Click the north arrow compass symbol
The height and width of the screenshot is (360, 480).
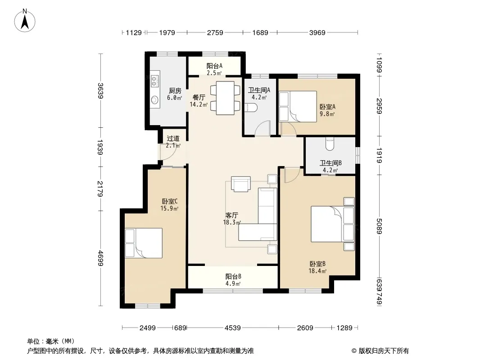[x=25, y=21]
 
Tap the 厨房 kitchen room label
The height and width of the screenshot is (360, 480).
[x=175, y=91]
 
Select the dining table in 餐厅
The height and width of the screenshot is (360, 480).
[x=225, y=98]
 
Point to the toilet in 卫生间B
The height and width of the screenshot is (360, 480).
[x=330, y=144]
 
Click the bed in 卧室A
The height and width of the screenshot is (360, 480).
[x=298, y=107]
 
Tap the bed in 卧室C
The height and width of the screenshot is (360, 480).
[x=144, y=243]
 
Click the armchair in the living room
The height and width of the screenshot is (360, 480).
[x=240, y=184]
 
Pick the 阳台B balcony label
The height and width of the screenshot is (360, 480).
[x=233, y=276]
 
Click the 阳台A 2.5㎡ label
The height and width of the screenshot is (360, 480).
[x=214, y=69]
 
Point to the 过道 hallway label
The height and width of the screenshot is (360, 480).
[x=173, y=139]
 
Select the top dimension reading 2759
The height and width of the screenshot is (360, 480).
[x=215, y=32]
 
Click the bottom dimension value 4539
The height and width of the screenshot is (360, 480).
[x=233, y=328]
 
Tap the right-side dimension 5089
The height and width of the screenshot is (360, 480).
[x=379, y=226]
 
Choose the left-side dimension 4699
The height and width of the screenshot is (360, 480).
[x=100, y=258]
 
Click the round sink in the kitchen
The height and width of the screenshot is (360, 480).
[x=155, y=100]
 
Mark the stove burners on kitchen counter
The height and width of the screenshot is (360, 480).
[x=154, y=79]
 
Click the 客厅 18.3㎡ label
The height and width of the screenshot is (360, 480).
[x=232, y=219]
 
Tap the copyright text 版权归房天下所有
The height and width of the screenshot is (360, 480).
[x=384, y=351]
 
